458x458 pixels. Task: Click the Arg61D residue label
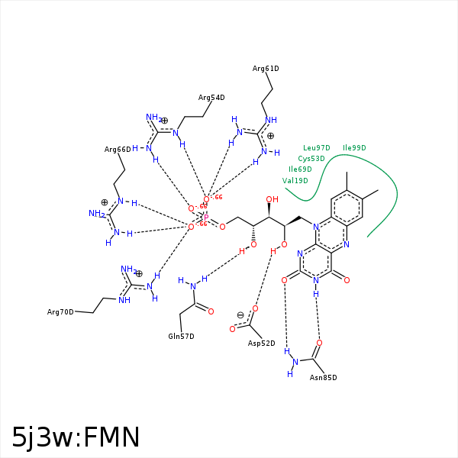(x=266, y=69)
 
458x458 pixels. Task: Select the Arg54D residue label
(x=211, y=98)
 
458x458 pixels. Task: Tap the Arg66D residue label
(x=118, y=150)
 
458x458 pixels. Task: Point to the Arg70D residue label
(x=60, y=312)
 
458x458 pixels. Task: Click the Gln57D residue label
(x=181, y=337)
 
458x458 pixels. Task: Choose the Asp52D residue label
(x=261, y=343)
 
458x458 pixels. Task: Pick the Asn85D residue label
(x=323, y=378)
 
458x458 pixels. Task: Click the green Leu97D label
(x=317, y=148)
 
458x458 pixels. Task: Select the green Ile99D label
(x=354, y=148)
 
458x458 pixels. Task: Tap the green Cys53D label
(x=311, y=159)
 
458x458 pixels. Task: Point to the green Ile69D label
(x=300, y=169)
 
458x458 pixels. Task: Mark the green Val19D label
(x=295, y=181)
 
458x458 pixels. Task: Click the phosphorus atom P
(x=205, y=218)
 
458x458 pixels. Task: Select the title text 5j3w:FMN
(x=76, y=437)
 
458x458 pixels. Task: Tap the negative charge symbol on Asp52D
(x=240, y=315)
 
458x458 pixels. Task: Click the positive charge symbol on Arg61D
(x=270, y=136)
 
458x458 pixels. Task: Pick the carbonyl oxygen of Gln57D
(x=211, y=311)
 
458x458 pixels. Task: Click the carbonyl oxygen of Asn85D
(x=319, y=343)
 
